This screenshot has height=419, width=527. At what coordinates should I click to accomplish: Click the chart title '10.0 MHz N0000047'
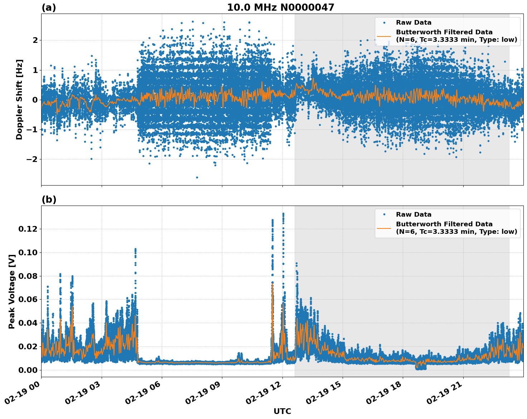[x=280, y=8]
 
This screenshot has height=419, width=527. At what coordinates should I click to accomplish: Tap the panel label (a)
[x=49, y=8]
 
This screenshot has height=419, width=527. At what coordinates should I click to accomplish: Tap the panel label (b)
[x=49, y=199]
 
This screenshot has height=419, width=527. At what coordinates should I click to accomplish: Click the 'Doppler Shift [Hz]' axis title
[x=19, y=99]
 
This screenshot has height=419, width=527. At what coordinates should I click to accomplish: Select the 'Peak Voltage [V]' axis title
[x=12, y=291]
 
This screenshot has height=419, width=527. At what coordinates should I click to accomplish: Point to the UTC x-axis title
[x=282, y=411]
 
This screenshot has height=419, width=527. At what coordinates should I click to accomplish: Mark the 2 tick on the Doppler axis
[x=35, y=40]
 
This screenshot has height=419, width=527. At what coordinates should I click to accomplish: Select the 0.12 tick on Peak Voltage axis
[x=28, y=229]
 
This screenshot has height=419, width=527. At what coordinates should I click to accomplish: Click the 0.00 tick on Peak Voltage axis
[x=28, y=370]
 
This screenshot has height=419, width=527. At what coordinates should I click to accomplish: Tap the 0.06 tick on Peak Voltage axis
[x=28, y=299]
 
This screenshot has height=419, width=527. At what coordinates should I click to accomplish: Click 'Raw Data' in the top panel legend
[x=414, y=23]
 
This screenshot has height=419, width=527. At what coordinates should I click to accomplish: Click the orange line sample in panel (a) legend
[x=384, y=36]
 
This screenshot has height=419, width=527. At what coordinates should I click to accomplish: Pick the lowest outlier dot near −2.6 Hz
[x=197, y=177]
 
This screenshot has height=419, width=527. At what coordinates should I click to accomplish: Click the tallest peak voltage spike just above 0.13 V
[x=283, y=214]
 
